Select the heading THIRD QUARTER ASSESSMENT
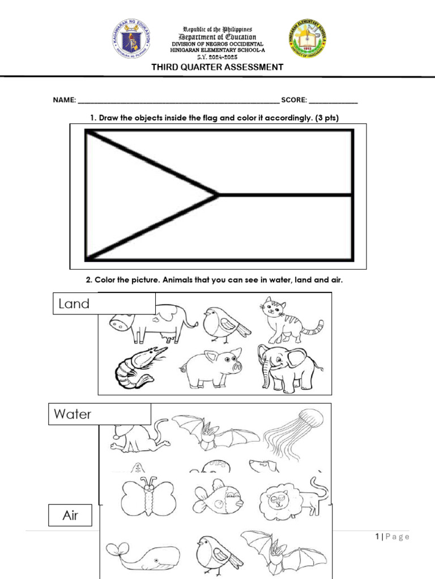tap(217, 67)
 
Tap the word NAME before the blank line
tap(64, 100)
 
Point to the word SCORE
tap(294, 100)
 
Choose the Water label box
tap(101, 414)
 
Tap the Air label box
tap(71, 516)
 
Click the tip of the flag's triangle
tap(217, 195)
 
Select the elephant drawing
tap(287, 368)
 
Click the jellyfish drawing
tap(295, 435)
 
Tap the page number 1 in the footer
tap(376, 537)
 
